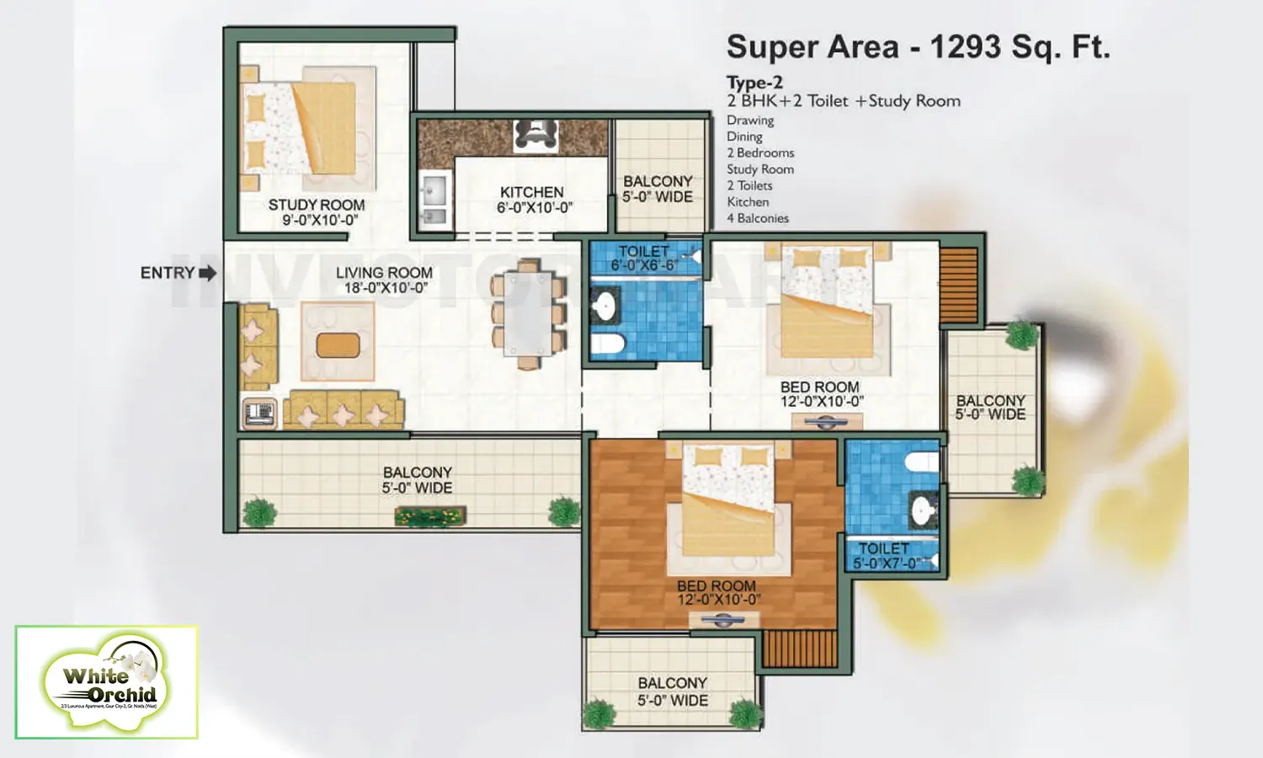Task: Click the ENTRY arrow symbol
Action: point(207,273)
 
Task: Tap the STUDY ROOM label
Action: point(317,205)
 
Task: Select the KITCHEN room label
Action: point(531,192)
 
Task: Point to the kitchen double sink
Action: point(434,201)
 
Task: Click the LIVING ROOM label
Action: point(384,273)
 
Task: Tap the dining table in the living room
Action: point(528,313)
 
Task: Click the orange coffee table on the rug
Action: point(338,344)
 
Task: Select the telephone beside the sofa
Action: point(259,414)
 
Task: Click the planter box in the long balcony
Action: point(430,515)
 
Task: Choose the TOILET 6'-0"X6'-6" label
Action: point(644,258)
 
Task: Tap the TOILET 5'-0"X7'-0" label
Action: point(884,555)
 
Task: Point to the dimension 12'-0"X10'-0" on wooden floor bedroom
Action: point(718,600)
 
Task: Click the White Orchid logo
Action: point(107,682)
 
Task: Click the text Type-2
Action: point(754,83)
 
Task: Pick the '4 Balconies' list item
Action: point(758,218)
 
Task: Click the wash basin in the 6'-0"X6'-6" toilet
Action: point(604,305)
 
